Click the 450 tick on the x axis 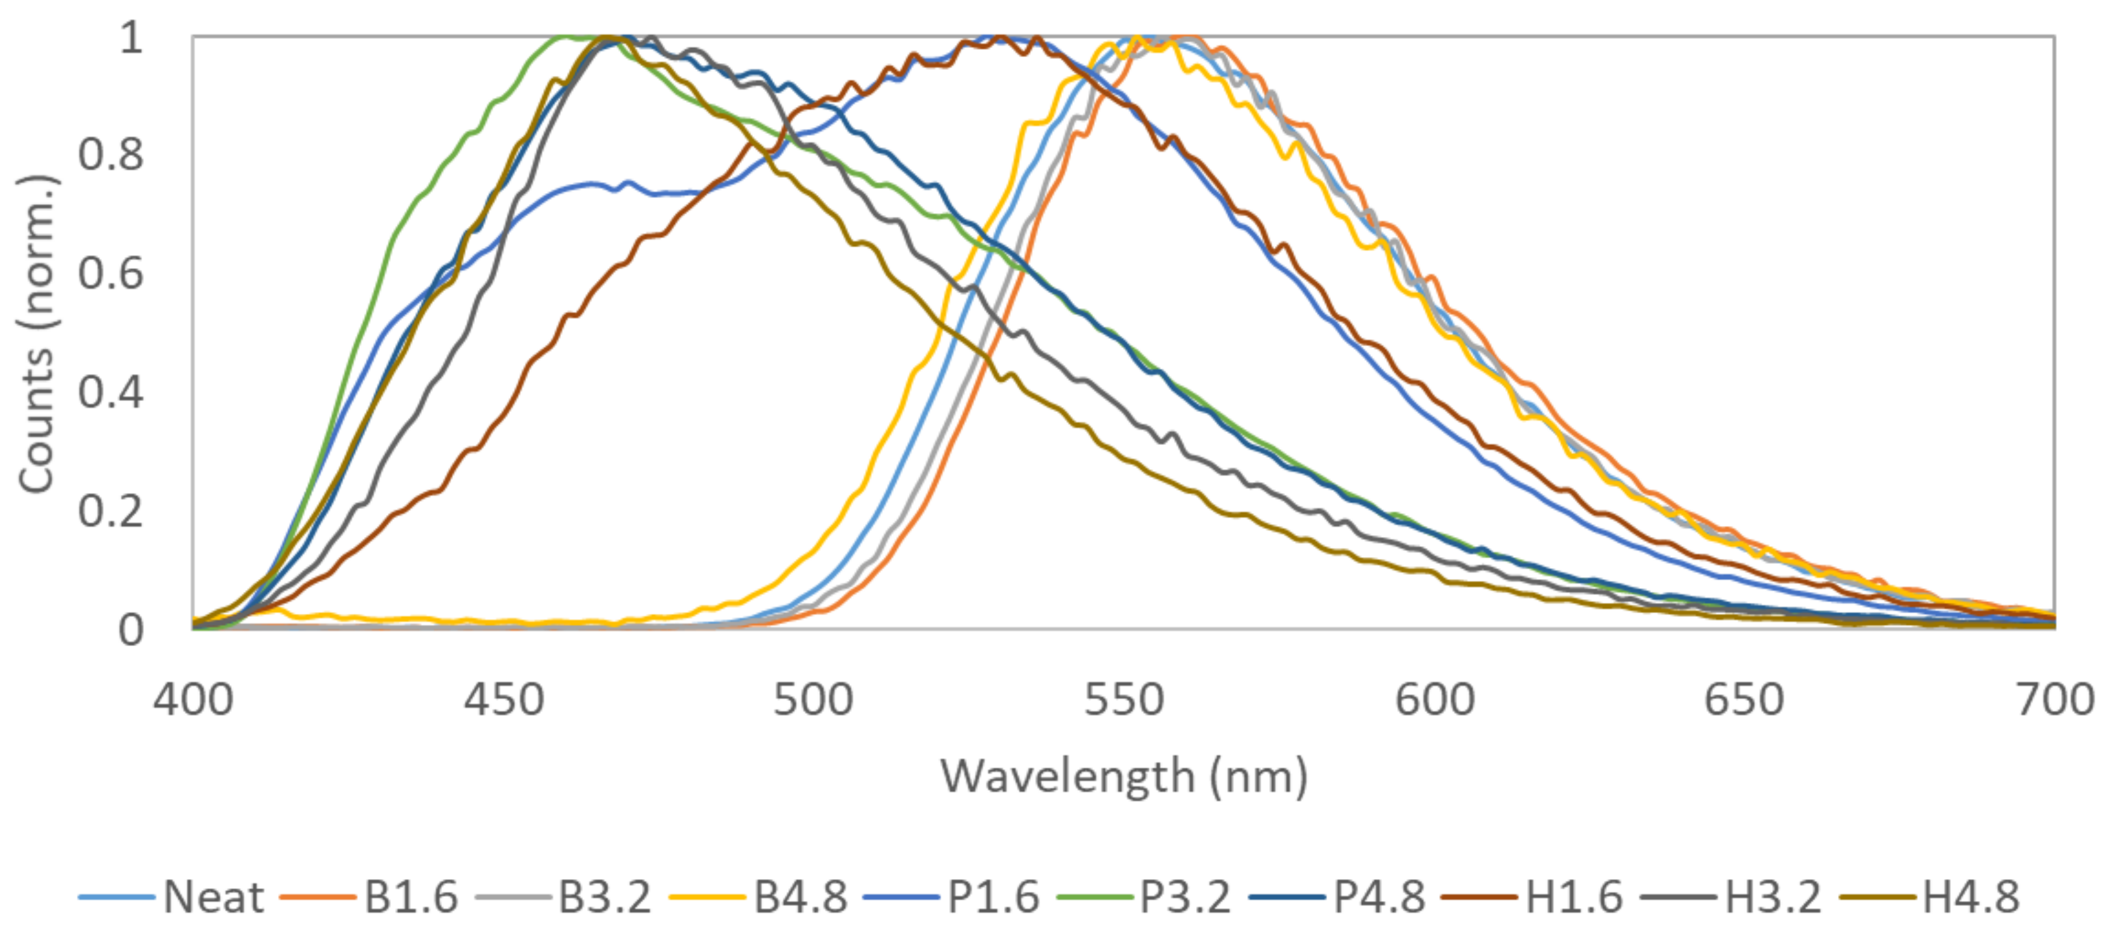504,700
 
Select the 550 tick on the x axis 1124,700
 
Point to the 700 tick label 2055,700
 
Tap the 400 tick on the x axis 194,700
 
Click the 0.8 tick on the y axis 111,154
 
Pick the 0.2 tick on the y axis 111,510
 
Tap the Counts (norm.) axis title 37,333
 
